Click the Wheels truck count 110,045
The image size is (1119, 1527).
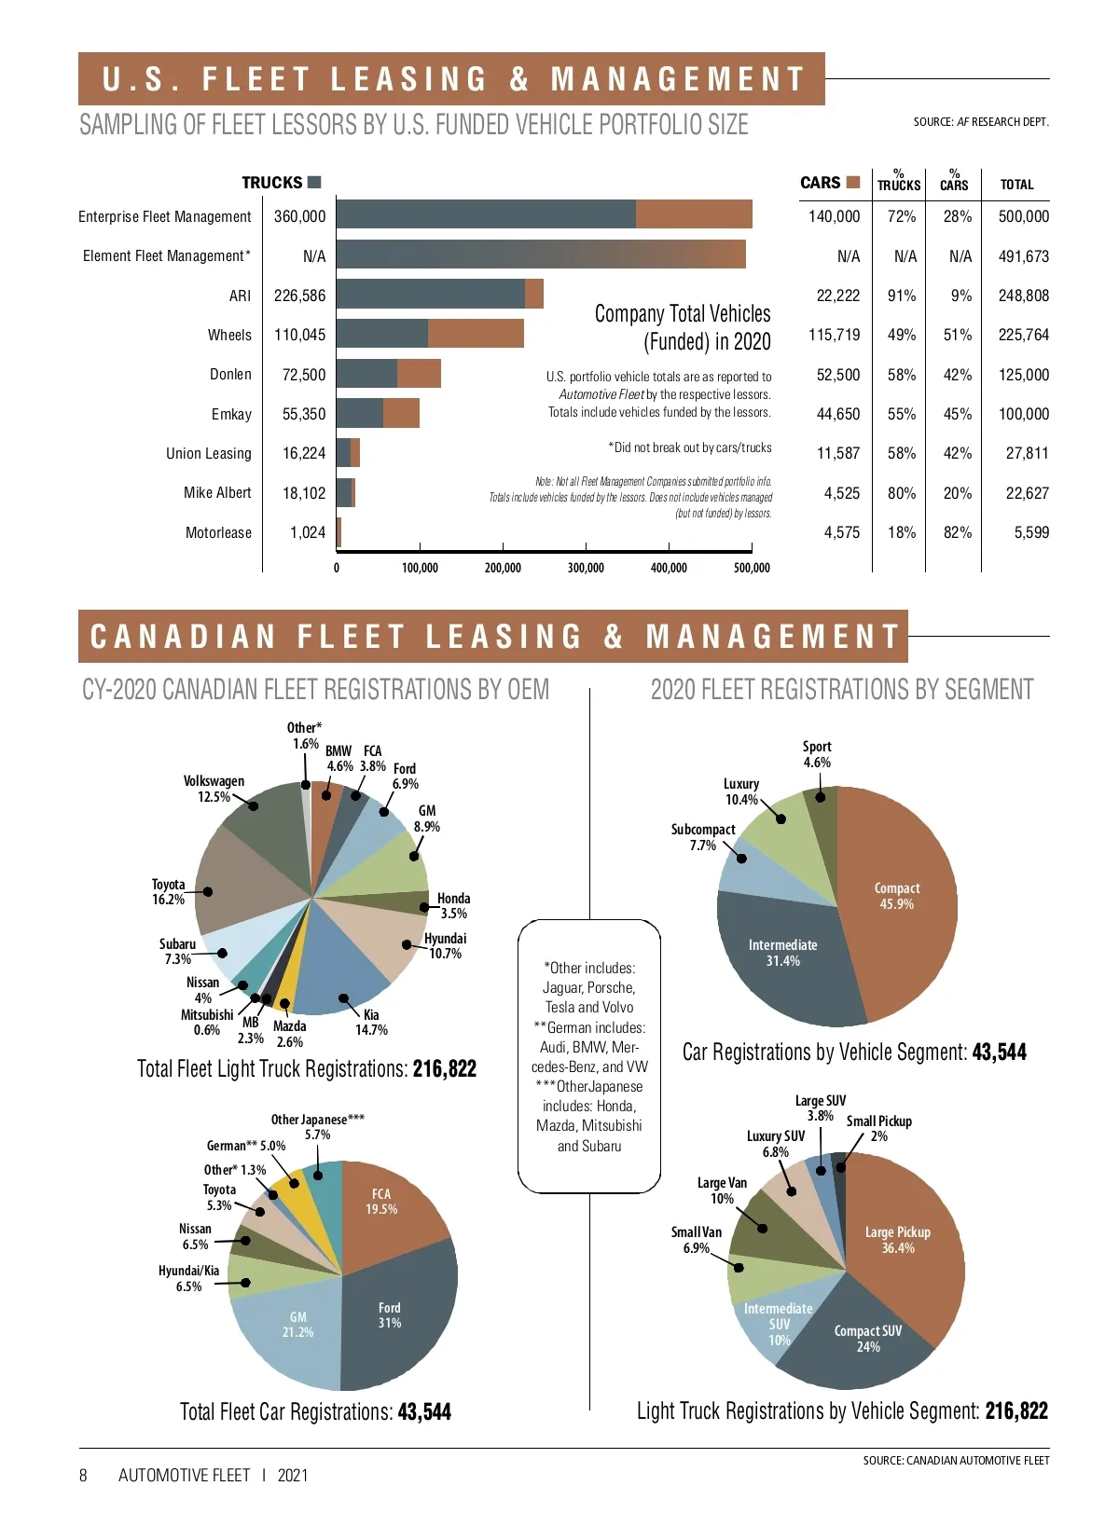[299, 335]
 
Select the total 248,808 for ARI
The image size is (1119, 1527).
[1023, 296]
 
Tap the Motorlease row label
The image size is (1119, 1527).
[218, 532]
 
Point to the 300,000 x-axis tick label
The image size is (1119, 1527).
[586, 568]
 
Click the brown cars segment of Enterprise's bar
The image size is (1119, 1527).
[694, 214]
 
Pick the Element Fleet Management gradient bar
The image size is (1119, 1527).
[541, 254]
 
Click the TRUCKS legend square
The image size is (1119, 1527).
[314, 182]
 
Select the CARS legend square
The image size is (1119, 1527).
[852, 182]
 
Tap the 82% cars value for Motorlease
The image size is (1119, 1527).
[958, 532]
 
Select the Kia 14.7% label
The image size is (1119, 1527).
[371, 1022]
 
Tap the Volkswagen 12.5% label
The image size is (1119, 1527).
[214, 789]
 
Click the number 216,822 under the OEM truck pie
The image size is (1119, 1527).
[444, 1068]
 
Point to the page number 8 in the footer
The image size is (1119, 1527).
[83, 1475]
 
